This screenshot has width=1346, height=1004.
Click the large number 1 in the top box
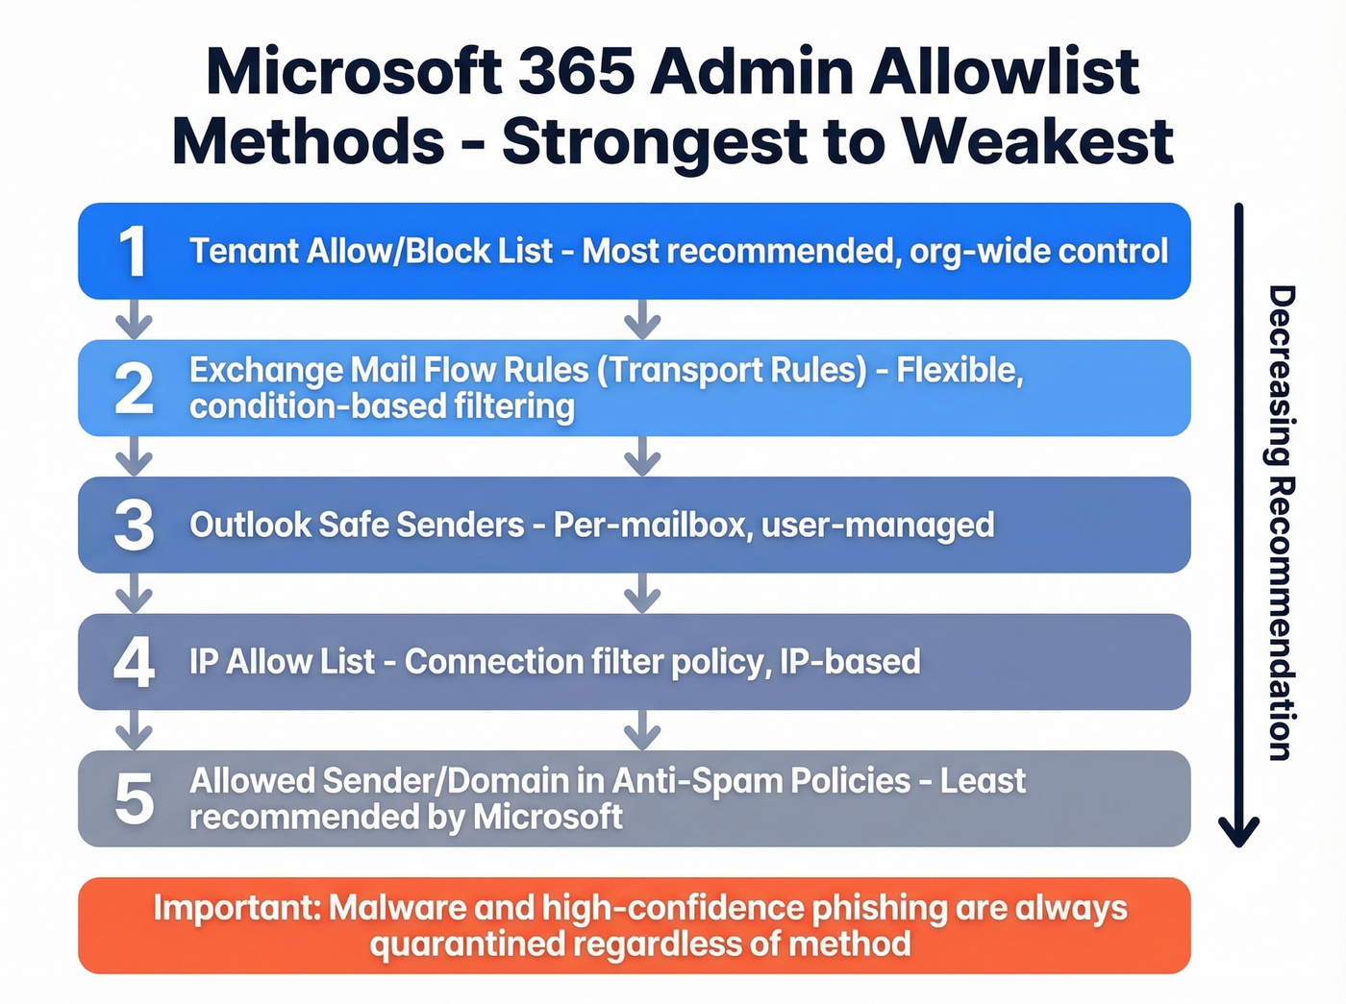[133, 252]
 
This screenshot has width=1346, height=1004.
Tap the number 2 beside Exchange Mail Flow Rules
[134, 388]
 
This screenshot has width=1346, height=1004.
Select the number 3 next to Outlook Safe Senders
[134, 526]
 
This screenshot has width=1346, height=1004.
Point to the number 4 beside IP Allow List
[134, 662]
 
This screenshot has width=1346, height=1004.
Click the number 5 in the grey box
[134, 799]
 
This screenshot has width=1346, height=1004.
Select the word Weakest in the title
[1038, 142]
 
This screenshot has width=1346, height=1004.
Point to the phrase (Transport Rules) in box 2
[732, 370]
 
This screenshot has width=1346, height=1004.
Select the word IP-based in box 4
[850, 662]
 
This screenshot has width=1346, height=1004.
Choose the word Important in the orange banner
[237, 908]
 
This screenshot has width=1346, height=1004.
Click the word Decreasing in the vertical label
[1281, 375]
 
